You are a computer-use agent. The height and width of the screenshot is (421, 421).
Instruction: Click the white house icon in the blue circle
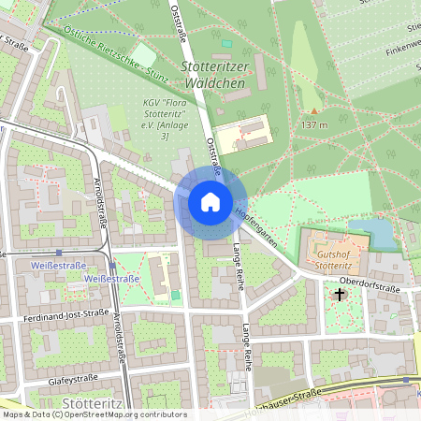[210, 201]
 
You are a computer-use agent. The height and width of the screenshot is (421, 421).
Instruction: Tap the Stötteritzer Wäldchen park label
[216, 75]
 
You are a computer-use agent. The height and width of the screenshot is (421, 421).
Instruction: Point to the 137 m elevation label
[314, 124]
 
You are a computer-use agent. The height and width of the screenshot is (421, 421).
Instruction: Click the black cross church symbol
[339, 294]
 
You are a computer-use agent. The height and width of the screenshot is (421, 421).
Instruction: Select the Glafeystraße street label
[72, 382]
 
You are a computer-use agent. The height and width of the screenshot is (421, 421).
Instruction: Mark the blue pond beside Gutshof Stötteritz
[383, 232]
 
